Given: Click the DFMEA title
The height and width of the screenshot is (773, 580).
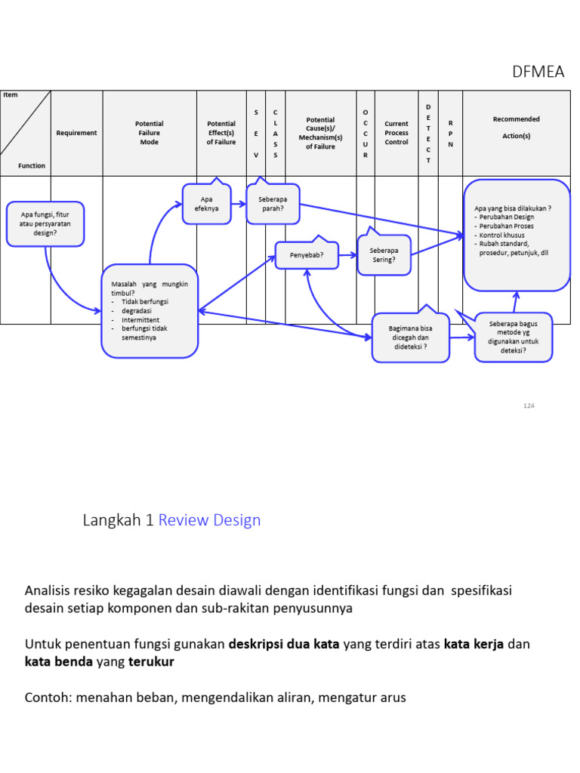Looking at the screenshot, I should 538,72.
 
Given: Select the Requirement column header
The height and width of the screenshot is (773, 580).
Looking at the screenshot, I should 76,133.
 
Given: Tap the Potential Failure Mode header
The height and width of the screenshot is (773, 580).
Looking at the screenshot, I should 150,133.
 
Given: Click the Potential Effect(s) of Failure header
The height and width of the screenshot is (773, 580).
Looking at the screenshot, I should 221,133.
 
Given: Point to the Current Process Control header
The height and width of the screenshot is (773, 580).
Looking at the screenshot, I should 396,133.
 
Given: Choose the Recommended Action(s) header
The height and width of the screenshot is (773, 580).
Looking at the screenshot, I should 517,127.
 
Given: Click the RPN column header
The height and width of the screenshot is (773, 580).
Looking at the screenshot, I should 451,133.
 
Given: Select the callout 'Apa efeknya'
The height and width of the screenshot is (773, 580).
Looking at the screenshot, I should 207,204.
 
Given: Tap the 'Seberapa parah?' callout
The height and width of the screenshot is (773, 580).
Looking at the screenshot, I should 273,204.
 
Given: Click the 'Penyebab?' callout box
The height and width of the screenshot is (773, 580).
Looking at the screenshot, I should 307,255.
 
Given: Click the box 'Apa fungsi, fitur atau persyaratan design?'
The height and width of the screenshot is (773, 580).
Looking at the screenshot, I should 45,223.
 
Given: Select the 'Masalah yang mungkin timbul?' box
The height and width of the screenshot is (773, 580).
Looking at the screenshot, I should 150,310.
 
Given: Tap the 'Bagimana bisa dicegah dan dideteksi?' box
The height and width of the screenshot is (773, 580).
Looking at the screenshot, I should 410,337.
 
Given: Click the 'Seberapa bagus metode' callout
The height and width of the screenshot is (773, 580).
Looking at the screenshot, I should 513,337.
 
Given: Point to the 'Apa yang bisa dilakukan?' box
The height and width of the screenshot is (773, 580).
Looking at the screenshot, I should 517,235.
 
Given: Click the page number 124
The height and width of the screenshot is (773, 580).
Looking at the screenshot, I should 529,406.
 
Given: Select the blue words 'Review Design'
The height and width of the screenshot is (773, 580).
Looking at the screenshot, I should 209,520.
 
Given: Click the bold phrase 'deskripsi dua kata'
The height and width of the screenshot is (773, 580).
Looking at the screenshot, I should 284,644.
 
